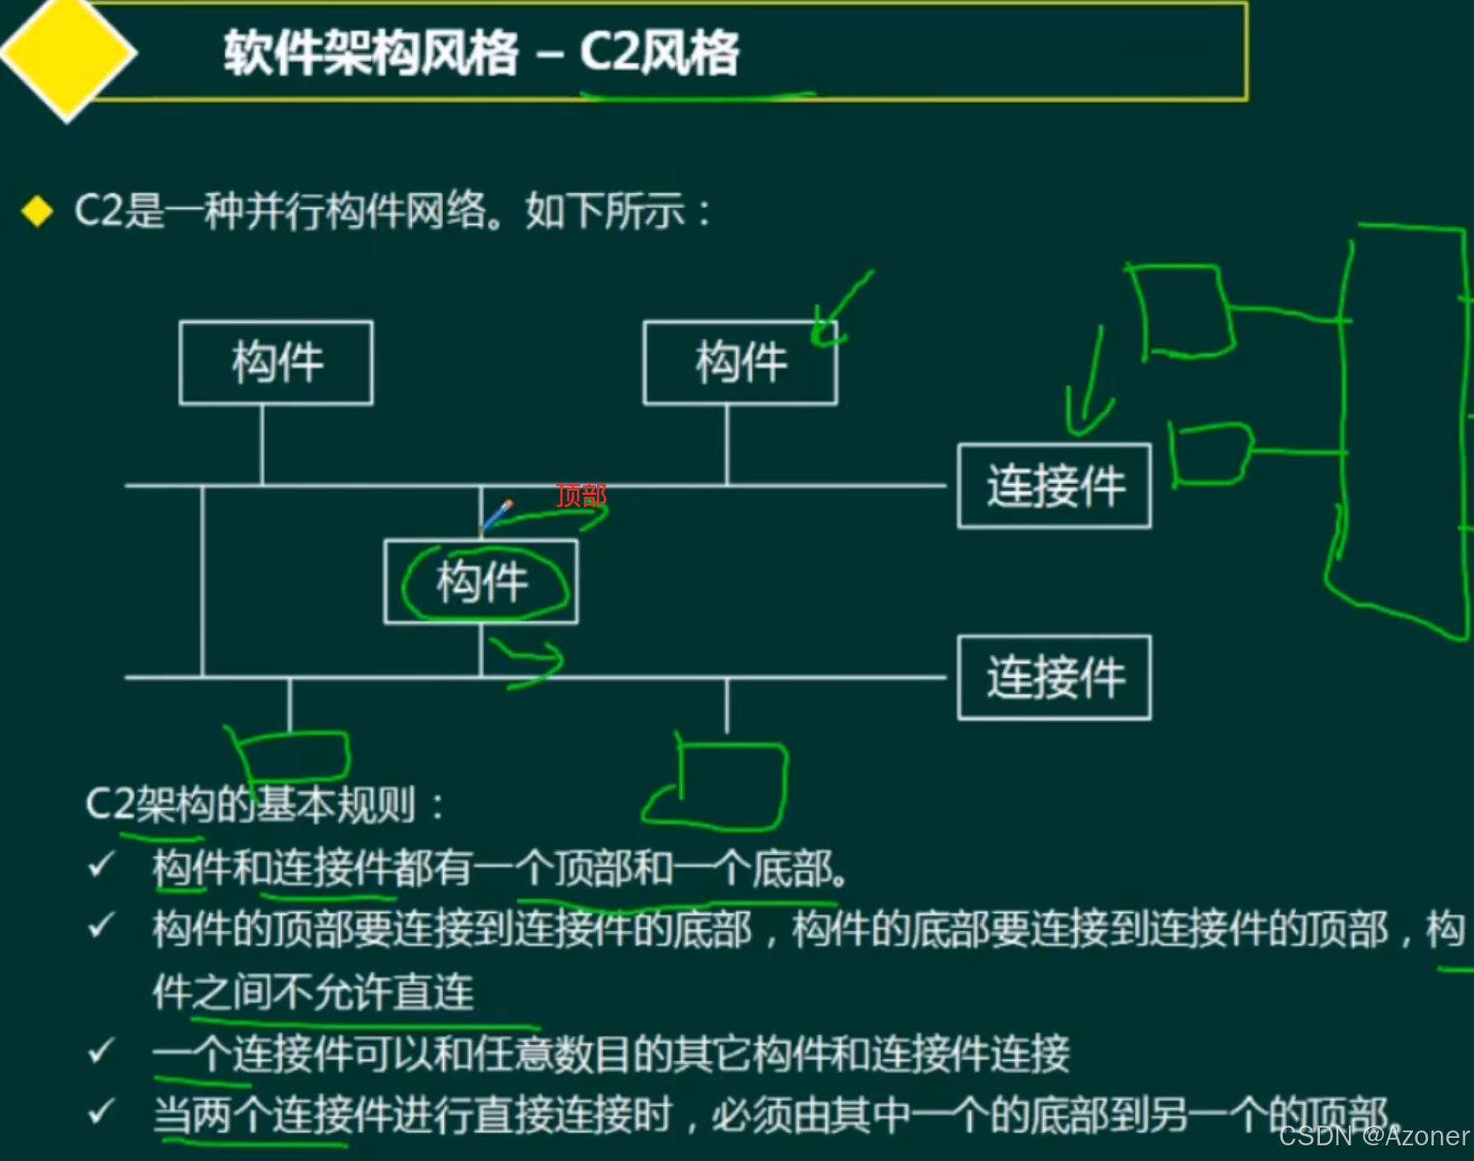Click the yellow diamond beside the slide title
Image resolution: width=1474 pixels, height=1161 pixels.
click(68, 54)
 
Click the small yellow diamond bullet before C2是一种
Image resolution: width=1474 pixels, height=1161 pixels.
click(37, 212)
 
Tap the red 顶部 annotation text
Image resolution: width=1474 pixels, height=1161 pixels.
click(581, 496)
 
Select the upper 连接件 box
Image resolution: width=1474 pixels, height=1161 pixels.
click(1054, 486)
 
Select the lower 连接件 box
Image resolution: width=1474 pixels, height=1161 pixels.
click(1054, 678)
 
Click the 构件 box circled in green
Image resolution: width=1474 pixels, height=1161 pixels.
click(481, 582)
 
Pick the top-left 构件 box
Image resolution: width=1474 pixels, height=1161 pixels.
click(276, 363)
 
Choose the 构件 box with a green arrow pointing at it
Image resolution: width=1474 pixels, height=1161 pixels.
click(739, 363)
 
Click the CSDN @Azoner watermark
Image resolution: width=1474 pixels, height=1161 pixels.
click(1373, 1136)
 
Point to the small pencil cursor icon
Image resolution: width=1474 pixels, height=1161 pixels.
click(497, 515)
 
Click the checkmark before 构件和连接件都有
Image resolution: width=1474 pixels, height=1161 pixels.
click(100, 865)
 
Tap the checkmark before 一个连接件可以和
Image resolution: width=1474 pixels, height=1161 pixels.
click(100, 1051)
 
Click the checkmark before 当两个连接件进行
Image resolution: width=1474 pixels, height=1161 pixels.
click(100, 1112)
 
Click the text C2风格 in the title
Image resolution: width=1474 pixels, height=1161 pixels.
click(659, 54)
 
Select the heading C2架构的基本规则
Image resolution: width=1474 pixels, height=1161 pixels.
click(251, 804)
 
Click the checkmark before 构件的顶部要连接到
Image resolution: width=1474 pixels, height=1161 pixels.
click(100, 926)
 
